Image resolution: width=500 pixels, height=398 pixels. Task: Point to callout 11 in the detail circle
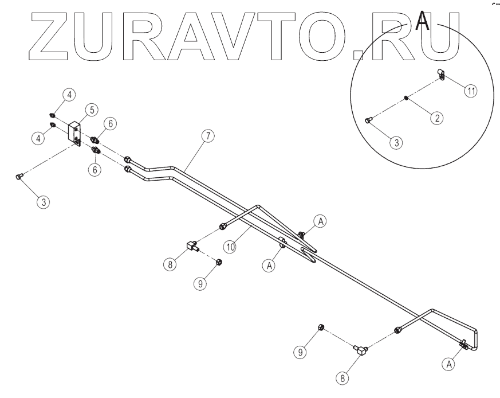click(470, 91)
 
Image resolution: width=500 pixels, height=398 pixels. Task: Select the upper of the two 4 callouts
click(68, 95)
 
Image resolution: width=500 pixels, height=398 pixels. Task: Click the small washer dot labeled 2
click(405, 97)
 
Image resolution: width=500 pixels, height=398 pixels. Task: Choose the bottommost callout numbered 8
click(342, 378)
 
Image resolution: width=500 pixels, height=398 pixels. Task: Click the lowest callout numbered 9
click(299, 353)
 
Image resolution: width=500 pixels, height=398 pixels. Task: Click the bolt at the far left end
click(18, 177)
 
